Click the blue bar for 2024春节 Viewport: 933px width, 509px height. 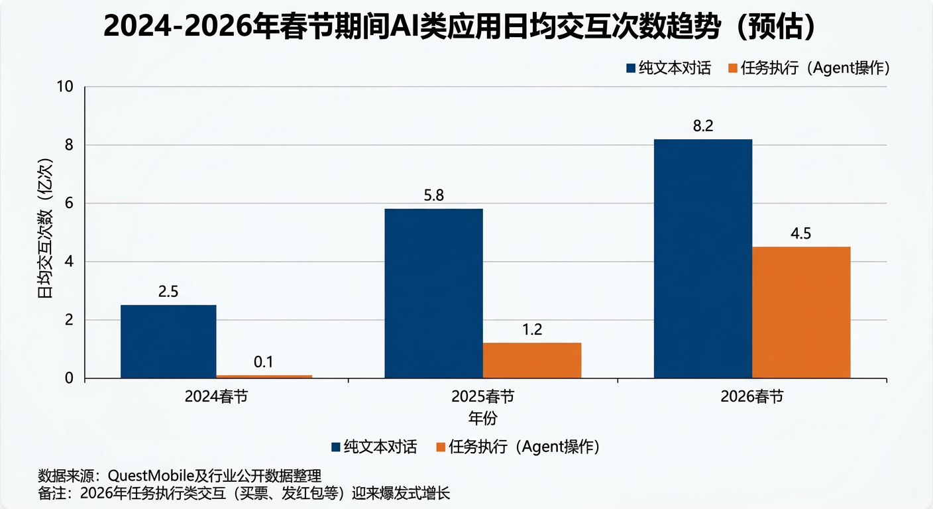pos(168,341)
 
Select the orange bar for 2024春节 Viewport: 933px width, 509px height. pos(264,376)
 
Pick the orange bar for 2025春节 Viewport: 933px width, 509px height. pos(531,361)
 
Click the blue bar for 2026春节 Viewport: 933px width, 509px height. pos(703,258)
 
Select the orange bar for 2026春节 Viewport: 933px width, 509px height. pos(801,312)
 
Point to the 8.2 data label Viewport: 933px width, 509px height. pos(703,127)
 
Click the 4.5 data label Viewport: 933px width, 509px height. pos(800,234)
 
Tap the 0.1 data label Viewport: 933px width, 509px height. pos(264,363)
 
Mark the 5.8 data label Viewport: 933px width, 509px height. pos(434,196)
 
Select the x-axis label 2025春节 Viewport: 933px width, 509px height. pos(482,397)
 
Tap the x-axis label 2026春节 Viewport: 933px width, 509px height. pos(751,397)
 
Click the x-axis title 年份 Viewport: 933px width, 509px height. pos(482,418)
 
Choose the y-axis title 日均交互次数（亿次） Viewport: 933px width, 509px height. pos(46,228)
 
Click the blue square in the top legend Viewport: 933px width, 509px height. pos(631,68)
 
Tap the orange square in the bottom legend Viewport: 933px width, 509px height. pos(440,447)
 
